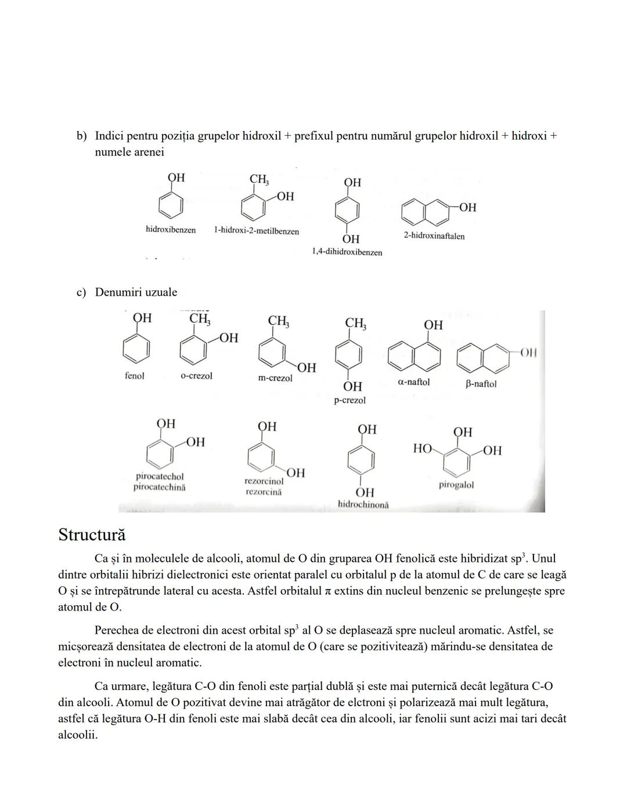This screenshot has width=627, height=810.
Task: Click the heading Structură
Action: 92,535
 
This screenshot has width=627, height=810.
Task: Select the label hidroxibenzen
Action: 170,230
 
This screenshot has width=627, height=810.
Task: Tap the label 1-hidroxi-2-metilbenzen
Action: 256,231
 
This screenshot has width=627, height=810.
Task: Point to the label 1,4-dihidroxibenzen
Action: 347,252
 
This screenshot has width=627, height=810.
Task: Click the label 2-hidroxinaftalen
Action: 434,236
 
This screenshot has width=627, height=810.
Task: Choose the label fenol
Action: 134,376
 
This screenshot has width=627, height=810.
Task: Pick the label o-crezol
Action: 196,376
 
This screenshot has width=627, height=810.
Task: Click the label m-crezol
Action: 275,378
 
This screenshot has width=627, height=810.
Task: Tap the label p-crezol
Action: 349,400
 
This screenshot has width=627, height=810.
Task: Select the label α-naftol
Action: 413,382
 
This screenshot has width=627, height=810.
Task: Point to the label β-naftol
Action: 481,384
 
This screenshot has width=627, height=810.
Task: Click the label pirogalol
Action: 456,485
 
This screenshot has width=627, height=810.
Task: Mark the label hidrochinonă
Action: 363,504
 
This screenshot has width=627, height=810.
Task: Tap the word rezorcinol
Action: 264,481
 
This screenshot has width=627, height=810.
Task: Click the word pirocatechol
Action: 160,477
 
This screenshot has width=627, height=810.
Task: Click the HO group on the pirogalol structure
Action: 422,448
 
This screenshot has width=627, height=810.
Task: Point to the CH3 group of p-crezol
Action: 355,323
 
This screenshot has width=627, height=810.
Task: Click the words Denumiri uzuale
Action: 136,292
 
